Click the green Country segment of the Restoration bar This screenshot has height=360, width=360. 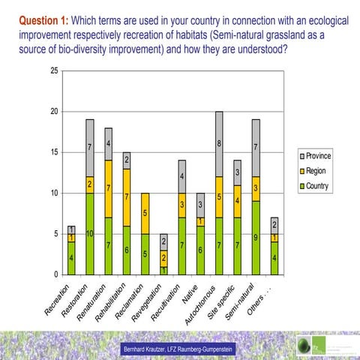point(89,233)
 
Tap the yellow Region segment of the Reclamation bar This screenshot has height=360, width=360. point(145,213)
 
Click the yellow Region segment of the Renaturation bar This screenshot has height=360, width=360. point(109,188)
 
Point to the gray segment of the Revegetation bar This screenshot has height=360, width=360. point(164,241)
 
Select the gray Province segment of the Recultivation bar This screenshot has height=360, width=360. point(182,176)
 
